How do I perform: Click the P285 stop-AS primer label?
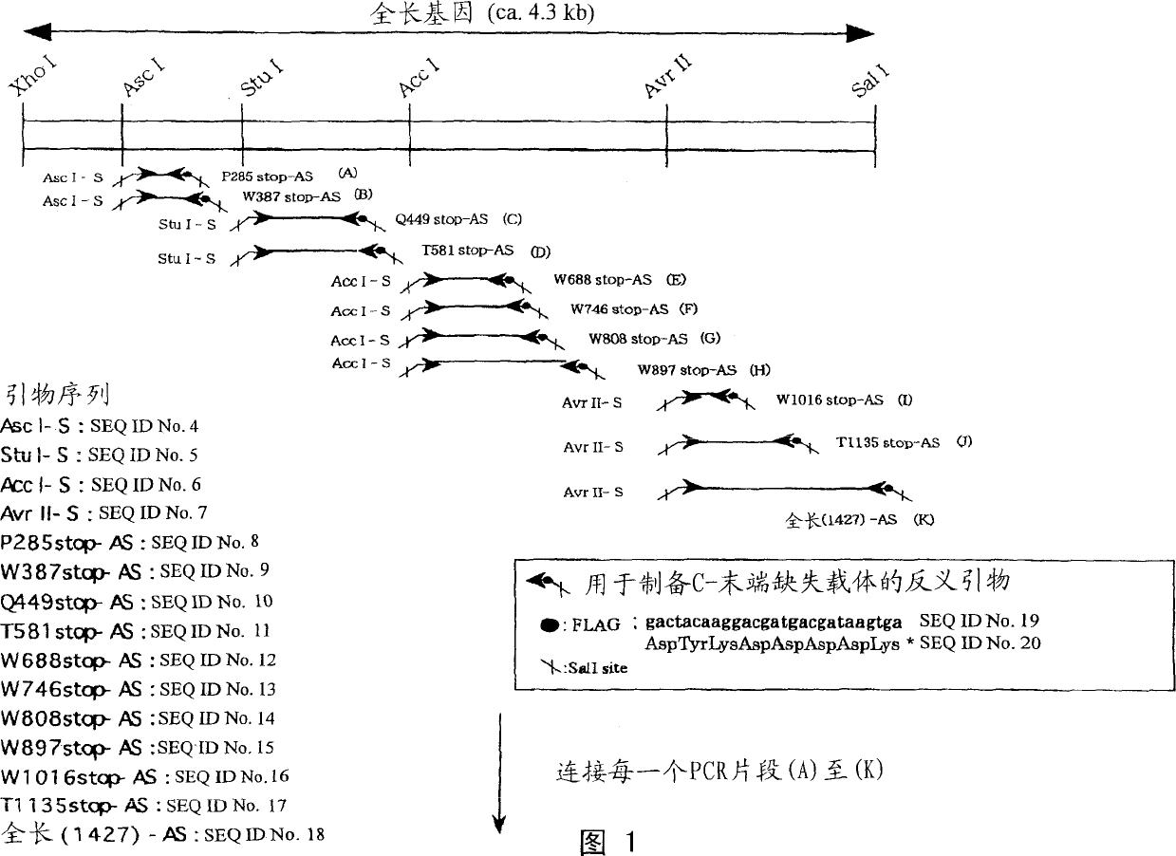pyautogui.click(x=268, y=177)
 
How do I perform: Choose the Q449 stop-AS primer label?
pyautogui.click(x=442, y=219)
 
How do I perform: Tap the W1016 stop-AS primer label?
pyautogui.click(x=831, y=400)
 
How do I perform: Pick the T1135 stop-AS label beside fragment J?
pyautogui.click(x=887, y=443)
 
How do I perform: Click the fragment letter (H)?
pyautogui.click(x=760, y=370)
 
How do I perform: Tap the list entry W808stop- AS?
pyautogui.click(x=72, y=718)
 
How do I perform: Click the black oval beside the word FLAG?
pyautogui.click(x=548, y=624)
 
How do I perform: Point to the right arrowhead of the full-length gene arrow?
pyautogui.click(x=862, y=34)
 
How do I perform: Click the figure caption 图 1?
pyautogui.click(x=607, y=842)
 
